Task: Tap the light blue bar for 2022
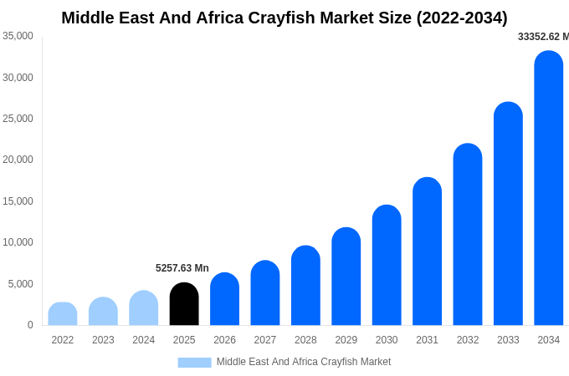(63, 314)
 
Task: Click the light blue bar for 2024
(144, 308)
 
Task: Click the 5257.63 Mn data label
(182, 268)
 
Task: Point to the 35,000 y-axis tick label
(18, 36)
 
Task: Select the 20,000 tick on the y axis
(18, 160)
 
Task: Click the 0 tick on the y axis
(30, 325)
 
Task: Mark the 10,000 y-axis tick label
(18, 242)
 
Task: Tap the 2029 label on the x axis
(346, 340)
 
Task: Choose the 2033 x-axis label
(508, 340)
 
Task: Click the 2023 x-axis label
(103, 340)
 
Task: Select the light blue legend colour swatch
(194, 363)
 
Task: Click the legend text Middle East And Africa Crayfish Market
(304, 362)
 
